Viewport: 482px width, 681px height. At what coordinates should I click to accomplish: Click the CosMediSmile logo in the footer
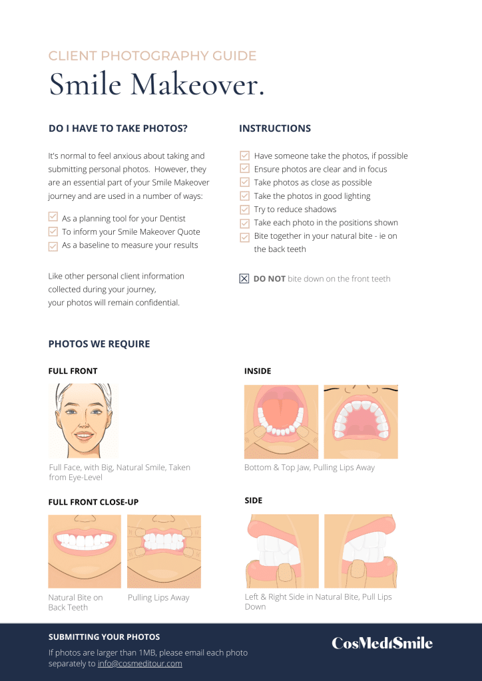382,643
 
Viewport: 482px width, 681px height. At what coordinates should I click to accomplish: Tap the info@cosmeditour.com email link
140,664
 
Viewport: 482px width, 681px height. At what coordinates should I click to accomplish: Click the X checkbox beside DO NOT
244,279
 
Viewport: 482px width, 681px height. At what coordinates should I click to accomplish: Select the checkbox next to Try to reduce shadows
245,209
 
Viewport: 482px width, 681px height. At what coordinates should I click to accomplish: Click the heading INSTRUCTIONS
275,128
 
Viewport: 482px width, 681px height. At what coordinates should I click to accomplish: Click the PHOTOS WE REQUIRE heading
99,344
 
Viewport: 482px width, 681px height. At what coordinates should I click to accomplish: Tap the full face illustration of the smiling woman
83,420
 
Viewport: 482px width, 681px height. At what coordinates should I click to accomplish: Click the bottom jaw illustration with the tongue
281,422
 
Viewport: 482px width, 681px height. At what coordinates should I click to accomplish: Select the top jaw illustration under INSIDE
361,422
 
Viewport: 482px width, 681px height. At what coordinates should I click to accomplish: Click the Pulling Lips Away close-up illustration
164,551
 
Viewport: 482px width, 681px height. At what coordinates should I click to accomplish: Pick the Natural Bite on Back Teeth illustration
85,551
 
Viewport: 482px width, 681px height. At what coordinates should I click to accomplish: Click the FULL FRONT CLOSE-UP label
93,502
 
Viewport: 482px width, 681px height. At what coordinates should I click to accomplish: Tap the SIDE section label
254,500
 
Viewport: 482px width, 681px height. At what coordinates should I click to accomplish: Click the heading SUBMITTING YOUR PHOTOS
105,637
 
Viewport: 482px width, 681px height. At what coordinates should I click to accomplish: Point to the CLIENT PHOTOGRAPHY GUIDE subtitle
152,56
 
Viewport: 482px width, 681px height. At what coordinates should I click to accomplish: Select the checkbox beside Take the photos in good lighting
245,196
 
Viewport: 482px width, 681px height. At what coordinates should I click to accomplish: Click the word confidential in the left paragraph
157,303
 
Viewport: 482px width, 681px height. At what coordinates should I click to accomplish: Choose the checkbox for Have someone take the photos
245,156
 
